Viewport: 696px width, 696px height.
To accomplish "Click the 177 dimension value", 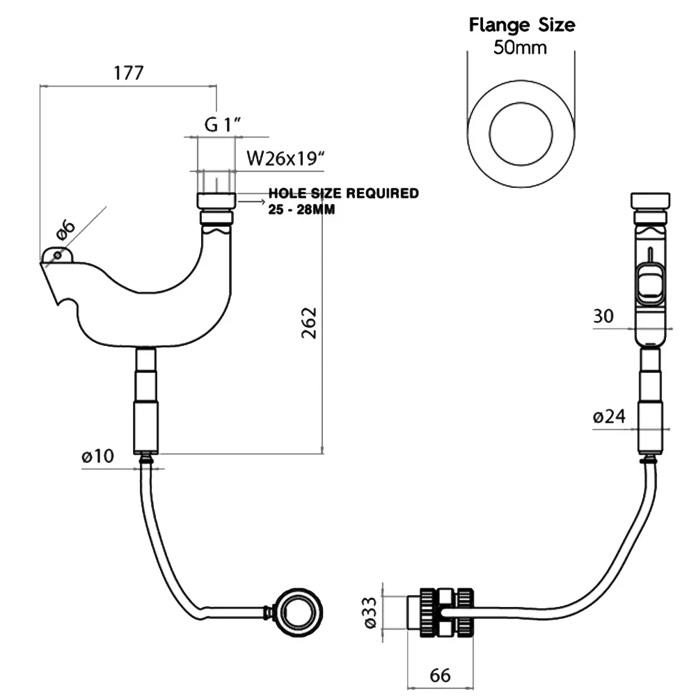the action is (x=129, y=73).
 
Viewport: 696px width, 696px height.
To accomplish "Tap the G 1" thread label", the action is (x=223, y=125).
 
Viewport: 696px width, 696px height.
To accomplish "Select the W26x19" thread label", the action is (x=285, y=158).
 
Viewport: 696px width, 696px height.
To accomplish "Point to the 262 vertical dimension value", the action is (x=309, y=323).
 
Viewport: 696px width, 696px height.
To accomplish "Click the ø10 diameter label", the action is (x=97, y=456).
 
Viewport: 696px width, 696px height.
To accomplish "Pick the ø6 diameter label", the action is (x=65, y=229).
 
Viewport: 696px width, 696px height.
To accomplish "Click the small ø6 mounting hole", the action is (x=57, y=255).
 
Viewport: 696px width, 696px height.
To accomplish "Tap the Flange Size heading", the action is (x=522, y=25).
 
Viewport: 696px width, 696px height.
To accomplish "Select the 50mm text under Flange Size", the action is (x=520, y=47).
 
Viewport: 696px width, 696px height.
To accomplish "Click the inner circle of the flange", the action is (x=521, y=102).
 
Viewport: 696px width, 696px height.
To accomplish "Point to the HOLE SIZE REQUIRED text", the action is (x=344, y=193).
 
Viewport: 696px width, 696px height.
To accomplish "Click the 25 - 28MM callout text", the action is (x=301, y=209).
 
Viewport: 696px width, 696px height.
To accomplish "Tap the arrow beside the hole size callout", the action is (x=252, y=202).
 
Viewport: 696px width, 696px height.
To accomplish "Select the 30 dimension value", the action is (x=603, y=316).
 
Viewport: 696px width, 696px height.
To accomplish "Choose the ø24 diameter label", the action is (x=609, y=416).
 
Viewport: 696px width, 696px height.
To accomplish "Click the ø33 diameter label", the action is (x=370, y=612).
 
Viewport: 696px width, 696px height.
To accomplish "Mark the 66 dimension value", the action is (x=441, y=675).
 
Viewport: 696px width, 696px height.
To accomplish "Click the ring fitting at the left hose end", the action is (x=299, y=612).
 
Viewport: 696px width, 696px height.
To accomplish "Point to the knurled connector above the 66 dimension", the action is (x=447, y=612).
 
